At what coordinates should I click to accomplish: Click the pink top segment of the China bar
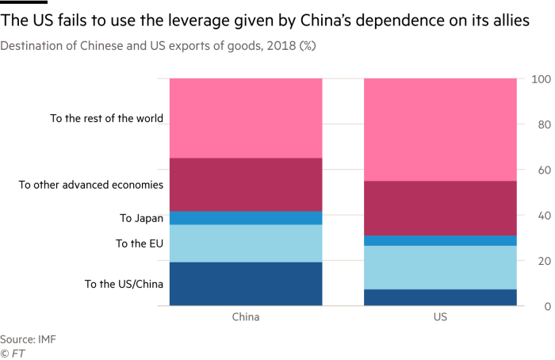click(246, 118)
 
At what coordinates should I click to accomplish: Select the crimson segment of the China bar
click(246, 184)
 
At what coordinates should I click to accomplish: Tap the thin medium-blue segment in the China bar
click(246, 218)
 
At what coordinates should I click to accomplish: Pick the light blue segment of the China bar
click(246, 243)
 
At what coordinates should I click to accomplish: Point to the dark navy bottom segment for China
click(246, 283)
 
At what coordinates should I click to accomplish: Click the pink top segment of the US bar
click(440, 129)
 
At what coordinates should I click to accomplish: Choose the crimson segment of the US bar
click(440, 208)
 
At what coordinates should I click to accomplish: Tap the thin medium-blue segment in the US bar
click(440, 240)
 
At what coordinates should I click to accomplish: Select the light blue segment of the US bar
click(440, 267)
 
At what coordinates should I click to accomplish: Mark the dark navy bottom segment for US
click(440, 297)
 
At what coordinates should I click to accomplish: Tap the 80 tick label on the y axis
click(536, 124)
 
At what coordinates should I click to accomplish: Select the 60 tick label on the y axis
click(536, 170)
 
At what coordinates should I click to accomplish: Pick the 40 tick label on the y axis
click(536, 216)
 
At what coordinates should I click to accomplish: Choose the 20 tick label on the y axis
click(536, 261)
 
